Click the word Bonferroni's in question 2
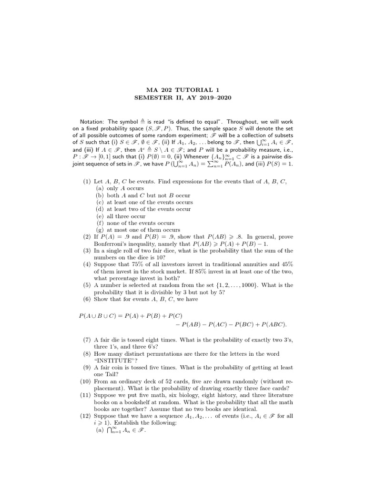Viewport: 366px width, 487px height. (113, 243)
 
